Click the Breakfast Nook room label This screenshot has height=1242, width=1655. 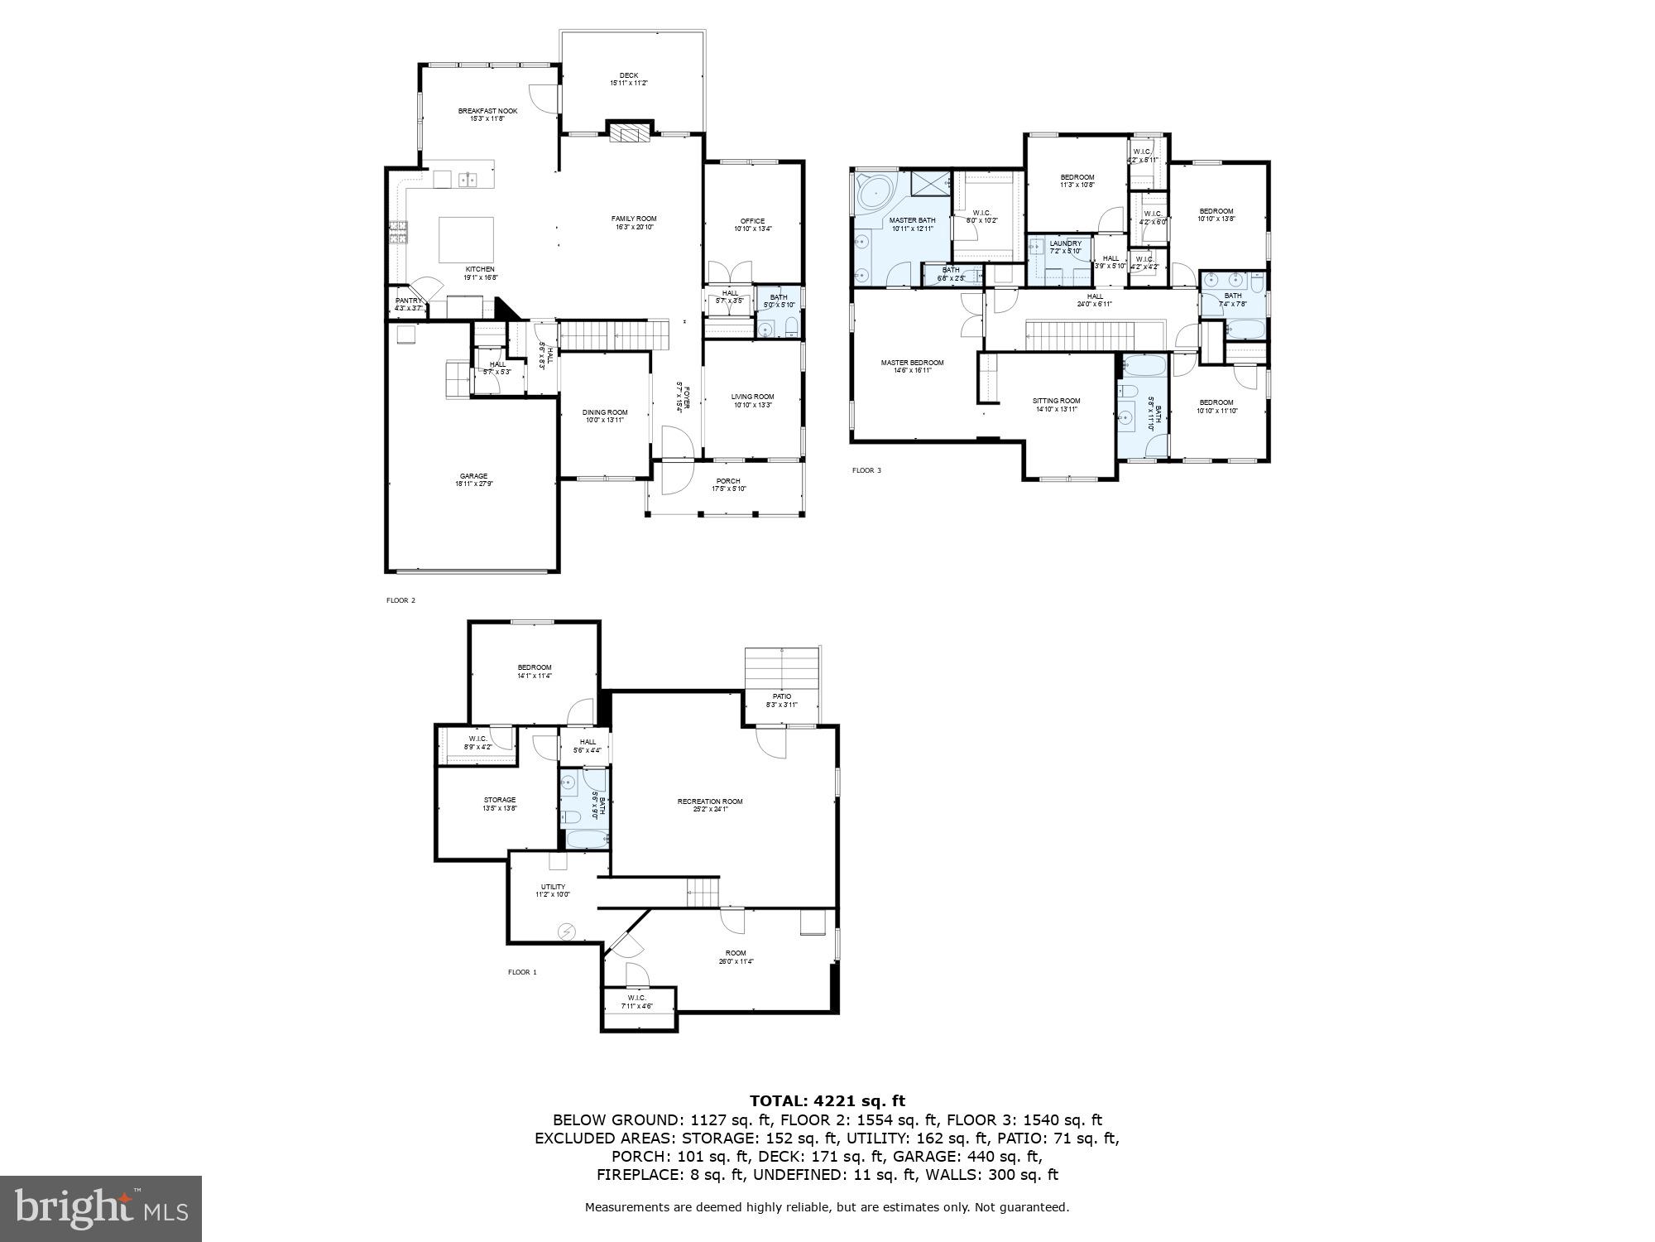click(487, 114)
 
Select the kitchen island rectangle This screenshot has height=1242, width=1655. click(466, 239)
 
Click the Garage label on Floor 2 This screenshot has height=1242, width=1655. click(473, 479)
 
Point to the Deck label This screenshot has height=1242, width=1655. click(629, 79)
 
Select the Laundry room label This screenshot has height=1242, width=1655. click(1065, 247)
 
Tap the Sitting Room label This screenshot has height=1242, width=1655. click(1057, 404)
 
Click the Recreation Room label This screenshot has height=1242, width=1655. click(710, 805)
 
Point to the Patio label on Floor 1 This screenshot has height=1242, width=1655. click(782, 700)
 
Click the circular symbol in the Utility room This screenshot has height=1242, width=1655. click(566, 931)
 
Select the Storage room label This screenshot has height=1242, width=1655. click(500, 803)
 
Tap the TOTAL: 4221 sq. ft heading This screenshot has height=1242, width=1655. click(827, 1100)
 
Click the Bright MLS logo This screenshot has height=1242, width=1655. click(101, 1208)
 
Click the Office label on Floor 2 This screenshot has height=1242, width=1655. click(752, 224)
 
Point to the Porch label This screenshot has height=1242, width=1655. click(728, 484)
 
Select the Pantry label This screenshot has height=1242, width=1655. click(409, 304)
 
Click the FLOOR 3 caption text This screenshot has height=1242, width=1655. click(866, 470)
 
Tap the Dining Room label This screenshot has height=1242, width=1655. click(605, 416)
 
